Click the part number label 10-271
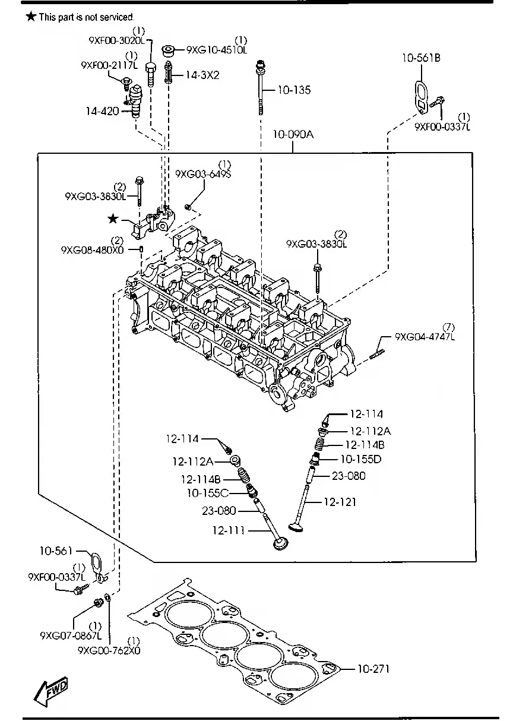373,669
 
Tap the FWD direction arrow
52,691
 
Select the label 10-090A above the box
293,135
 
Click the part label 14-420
103,110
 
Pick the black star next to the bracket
113,219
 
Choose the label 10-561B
421,58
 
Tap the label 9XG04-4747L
425,337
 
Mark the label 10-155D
360,459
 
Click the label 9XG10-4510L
217,50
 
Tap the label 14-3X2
202,75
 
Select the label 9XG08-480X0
92,250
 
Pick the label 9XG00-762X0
109,650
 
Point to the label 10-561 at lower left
55,551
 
